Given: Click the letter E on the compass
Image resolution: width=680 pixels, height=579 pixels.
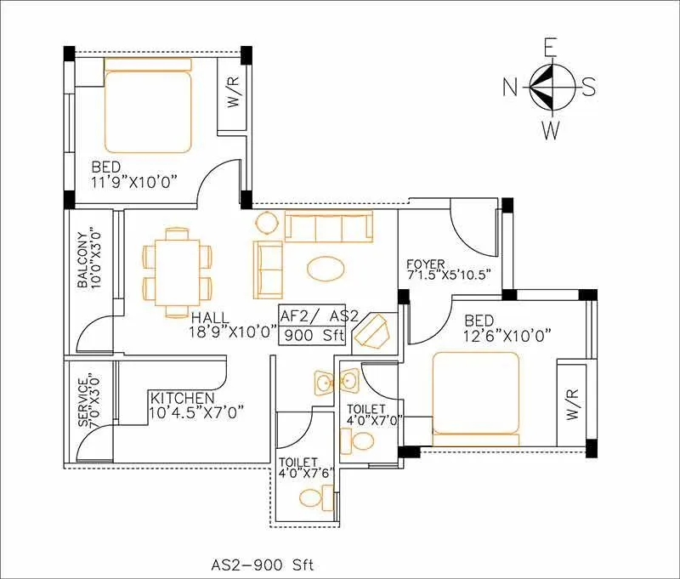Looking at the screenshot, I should click(x=551, y=48).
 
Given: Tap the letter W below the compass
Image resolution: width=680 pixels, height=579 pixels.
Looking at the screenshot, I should click(x=552, y=129).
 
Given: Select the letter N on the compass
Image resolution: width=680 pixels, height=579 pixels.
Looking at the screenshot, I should click(x=511, y=87).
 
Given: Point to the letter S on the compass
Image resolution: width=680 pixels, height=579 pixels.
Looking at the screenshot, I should click(x=588, y=87).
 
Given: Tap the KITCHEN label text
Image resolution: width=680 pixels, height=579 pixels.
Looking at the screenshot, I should click(x=182, y=398).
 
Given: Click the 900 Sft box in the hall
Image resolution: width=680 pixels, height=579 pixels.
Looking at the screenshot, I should click(x=313, y=334).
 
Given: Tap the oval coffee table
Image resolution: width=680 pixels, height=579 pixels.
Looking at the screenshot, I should click(x=326, y=269).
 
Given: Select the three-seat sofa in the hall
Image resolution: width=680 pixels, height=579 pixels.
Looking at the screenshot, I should click(x=328, y=228).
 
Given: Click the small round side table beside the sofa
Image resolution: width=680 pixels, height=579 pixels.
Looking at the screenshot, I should click(x=267, y=223).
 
